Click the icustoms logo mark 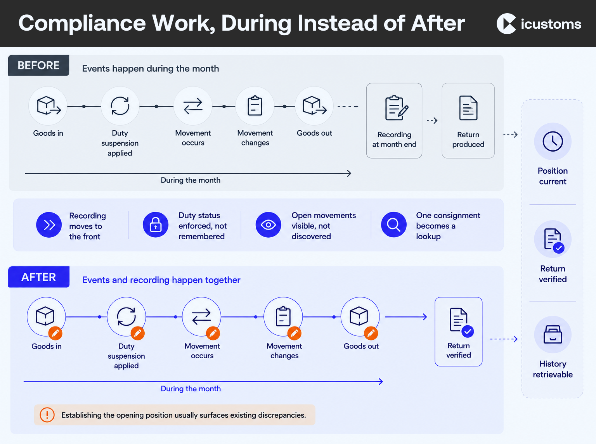click(x=506, y=24)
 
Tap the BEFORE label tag click(x=38, y=66)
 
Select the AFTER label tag click(x=38, y=277)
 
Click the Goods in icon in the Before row click(x=48, y=106)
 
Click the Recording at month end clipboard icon click(x=396, y=108)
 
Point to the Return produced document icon click(x=468, y=108)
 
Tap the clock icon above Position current click(x=553, y=141)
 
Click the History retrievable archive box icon click(x=553, y=334)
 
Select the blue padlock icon click(x=156, y=225)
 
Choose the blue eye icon click(x=268, y=225)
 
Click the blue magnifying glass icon click(x=394, y=225)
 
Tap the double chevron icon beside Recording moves click(x=49, y=225)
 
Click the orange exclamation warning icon click(x=47, y=415)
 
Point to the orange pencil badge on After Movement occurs click(x=213, y=333)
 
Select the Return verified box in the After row click(x=459, y=332)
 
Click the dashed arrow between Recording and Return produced click(x=432, y=121)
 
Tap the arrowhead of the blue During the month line click(x=381, y=382)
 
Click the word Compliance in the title click(x=82, y=24)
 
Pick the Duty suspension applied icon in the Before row click(x=120, y=106)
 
